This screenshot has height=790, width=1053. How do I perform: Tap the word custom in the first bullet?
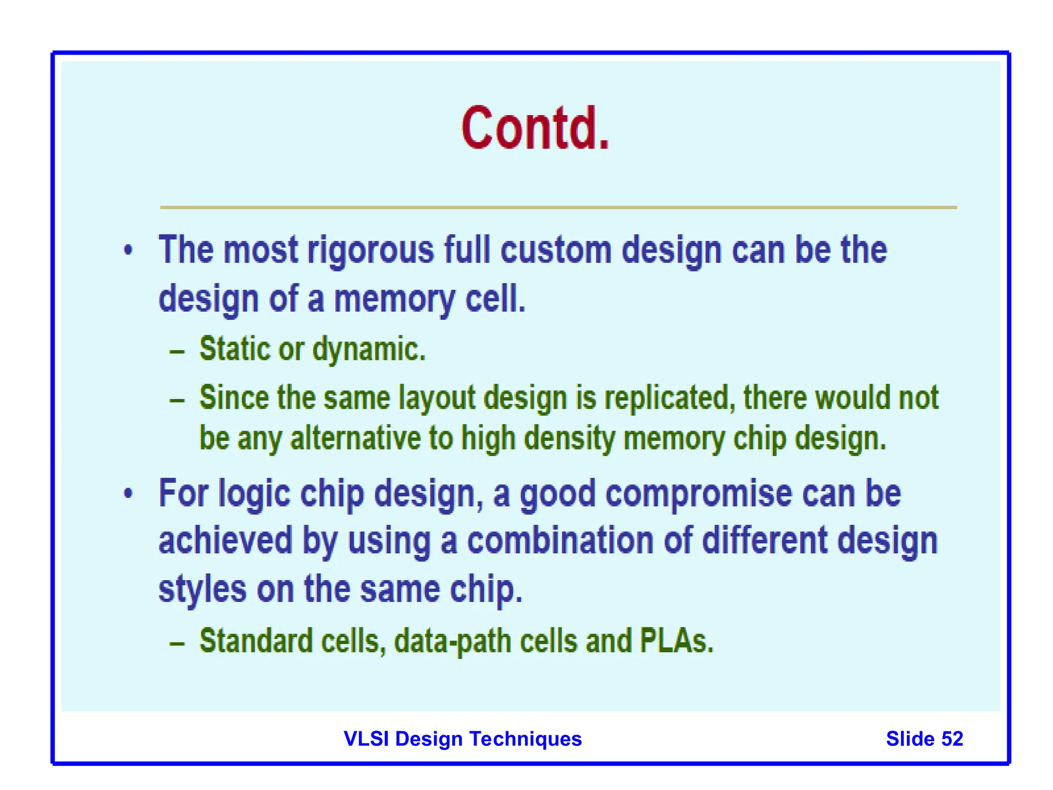(556, 250)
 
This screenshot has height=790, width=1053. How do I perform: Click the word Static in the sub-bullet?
(234, 349)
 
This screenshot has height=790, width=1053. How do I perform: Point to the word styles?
(202, 589)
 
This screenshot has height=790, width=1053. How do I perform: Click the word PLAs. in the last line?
(677, 641)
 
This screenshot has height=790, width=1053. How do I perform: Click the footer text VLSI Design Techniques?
(462, 739)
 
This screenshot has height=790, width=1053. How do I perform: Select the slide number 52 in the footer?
(952, 739)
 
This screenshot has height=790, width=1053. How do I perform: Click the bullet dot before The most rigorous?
(128, 250)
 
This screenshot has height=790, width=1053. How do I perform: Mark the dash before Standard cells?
(177, 643)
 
